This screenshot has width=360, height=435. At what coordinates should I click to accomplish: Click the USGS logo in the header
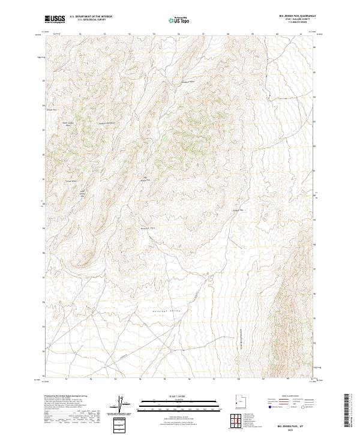click(x=55, y=20)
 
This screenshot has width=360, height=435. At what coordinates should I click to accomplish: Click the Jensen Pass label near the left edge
click(x=51, y=110)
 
